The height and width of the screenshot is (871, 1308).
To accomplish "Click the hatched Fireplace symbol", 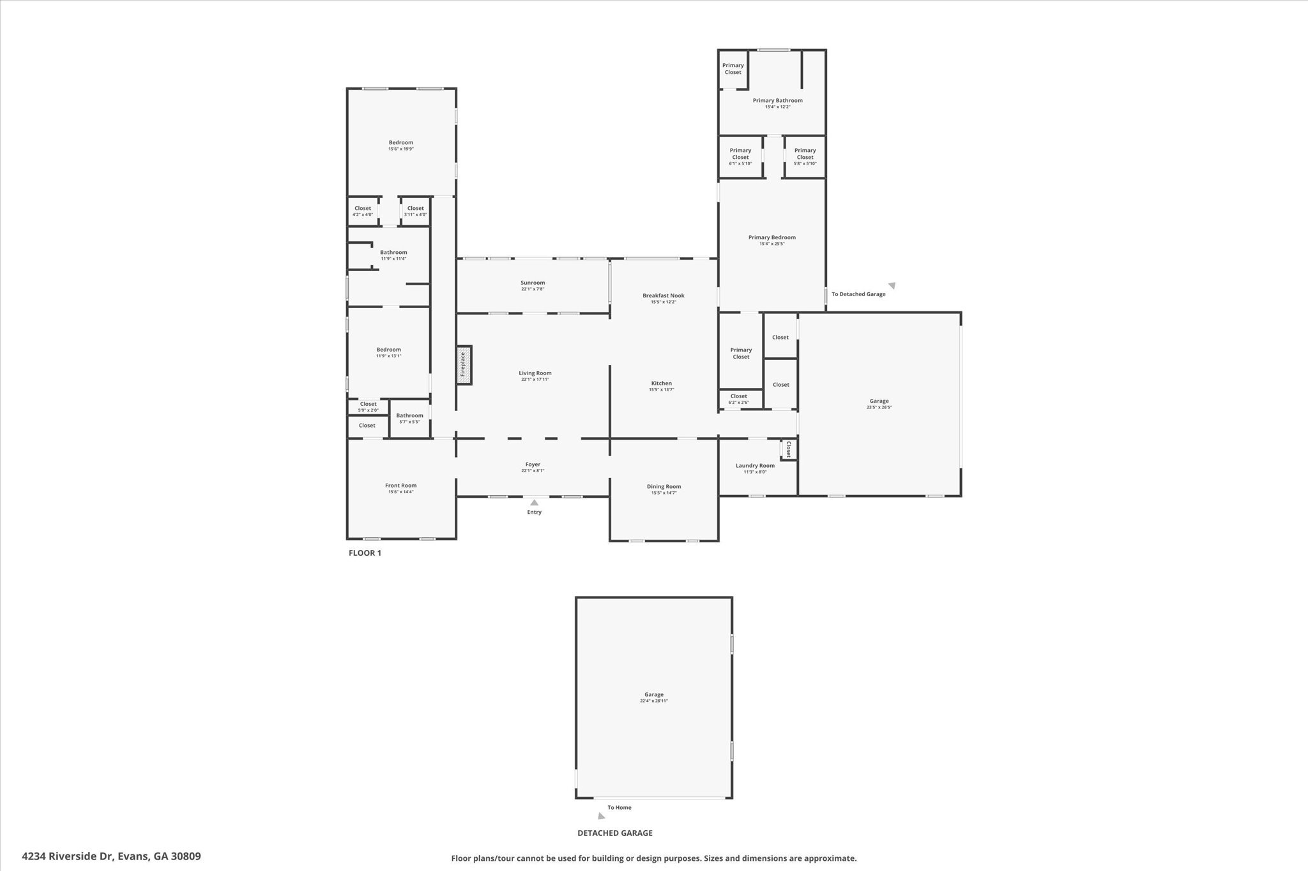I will coord(464,365).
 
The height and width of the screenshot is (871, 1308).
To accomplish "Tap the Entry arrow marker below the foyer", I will coord(534,503).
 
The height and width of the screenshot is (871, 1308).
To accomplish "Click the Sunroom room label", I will coord(533,283).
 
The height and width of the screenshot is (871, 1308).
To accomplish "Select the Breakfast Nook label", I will coord(663,295).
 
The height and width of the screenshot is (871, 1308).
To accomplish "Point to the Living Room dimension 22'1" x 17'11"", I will coord(535,380).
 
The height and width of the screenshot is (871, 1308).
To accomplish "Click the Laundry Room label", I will coord(755,466).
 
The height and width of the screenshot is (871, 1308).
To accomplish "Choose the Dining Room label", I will coord(664,486).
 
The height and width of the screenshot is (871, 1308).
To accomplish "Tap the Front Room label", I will coord(400,486).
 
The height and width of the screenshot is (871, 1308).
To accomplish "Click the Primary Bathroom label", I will coord(777,100).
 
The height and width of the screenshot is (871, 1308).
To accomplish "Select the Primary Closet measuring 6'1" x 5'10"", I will coord(740,157).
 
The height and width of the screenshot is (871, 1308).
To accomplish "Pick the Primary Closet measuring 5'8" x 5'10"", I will coord(805,157).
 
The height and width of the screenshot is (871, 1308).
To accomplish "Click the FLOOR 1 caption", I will coord(365,553).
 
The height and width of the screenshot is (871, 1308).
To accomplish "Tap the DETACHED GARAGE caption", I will coord(615,833).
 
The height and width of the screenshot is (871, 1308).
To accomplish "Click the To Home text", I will coord(619,808).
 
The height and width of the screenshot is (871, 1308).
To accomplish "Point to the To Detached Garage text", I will coord(858,294).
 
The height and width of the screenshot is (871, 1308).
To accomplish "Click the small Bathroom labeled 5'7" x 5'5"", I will coord(409,419).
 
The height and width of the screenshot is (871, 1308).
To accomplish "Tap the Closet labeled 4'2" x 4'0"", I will coord(363,211).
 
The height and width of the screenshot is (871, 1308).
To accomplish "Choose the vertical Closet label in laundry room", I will coord(789,449).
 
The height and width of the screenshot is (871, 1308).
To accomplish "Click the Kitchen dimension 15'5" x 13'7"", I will coord(661,390).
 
